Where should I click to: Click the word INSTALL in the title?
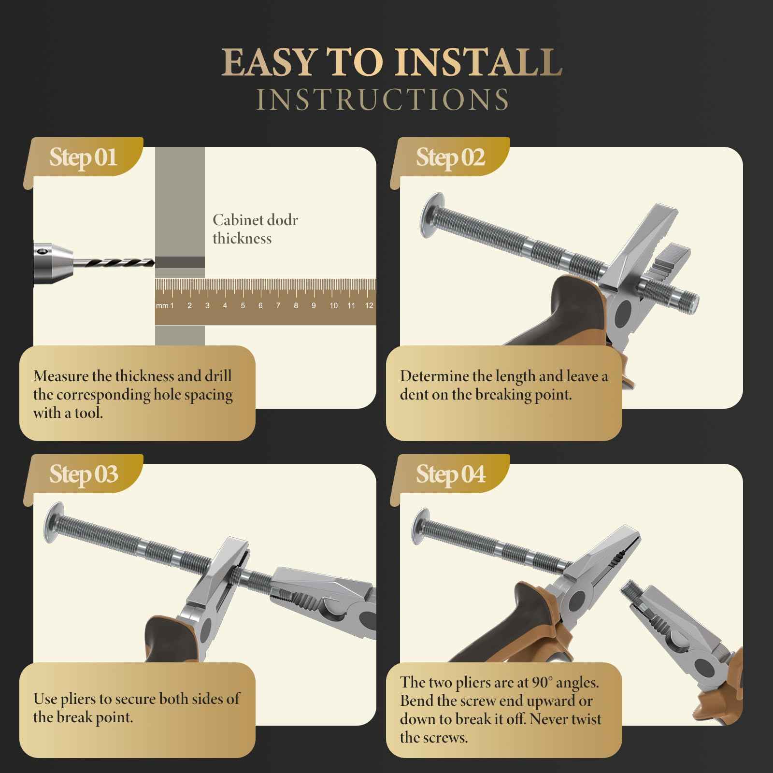coord(478,62)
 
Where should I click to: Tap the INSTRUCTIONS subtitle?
coord(382,100)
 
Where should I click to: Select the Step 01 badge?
coord(83,157)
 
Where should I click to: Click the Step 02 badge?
coord(450,157)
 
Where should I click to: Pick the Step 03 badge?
coord(83,474)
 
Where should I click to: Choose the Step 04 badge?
coord(450,474)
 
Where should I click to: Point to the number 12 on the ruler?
coord(369,305)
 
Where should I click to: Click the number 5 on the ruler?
coord(243,305)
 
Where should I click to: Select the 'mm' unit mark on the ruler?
coord(162,306)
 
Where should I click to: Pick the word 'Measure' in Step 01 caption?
coord(61,376)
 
